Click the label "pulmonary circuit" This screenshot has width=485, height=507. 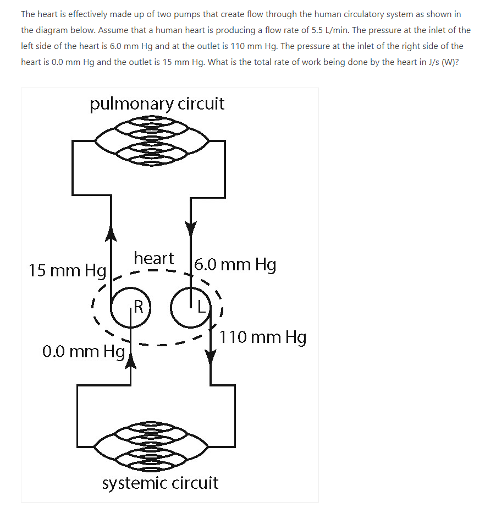pos(157,104)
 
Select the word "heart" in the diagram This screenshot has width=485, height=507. pos(153,258)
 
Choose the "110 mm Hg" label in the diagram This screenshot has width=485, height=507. pos(263,337)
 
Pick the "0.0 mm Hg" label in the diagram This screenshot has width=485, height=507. pos(83,350)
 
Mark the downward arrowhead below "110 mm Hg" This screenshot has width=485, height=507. pos(212,358)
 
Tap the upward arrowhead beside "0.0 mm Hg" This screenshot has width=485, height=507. pos(131,360)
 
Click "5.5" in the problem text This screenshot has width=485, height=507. pos(320,30)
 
